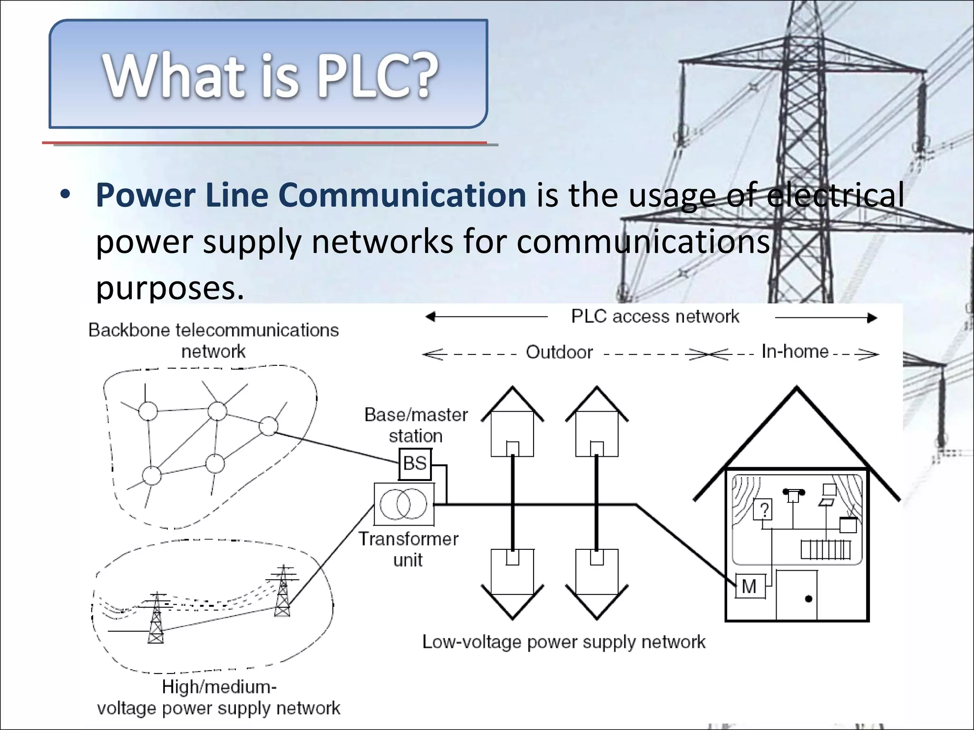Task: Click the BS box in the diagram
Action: coord(415,464)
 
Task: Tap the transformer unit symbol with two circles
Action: coord(404,504)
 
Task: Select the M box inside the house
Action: coord(750,586)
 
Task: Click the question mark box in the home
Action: coord(763,510)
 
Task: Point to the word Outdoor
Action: coord(559,353)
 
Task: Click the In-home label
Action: coord(795,352)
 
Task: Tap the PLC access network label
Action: coord(655,317)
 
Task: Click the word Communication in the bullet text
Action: coord(402,195)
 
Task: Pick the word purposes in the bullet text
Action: coord(170,288)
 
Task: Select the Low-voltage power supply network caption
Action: coord(564,642)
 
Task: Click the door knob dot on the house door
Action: coord(808,599)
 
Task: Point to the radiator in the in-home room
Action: coord(825,550)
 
